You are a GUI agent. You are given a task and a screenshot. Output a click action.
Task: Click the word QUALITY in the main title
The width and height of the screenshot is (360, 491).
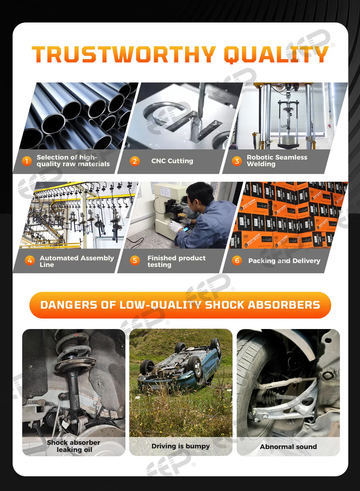(x=276, y=55)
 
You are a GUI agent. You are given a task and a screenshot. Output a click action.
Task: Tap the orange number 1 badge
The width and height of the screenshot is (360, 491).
(x=27, y=161)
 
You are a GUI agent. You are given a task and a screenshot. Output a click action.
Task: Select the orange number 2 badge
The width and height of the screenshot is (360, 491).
(x=134, y=161)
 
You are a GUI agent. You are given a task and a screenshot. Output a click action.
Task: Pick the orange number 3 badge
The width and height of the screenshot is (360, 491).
(x=237, y=161)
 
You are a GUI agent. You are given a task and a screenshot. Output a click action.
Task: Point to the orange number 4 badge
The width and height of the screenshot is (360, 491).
(x=30, y=260)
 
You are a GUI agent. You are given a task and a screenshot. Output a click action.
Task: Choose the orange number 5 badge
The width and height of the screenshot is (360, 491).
(x=134, y=260)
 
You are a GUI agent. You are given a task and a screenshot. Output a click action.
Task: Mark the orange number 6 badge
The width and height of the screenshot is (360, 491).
(x=237, y=260)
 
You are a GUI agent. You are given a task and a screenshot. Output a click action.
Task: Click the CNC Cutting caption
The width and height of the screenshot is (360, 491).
(x=172, y=161)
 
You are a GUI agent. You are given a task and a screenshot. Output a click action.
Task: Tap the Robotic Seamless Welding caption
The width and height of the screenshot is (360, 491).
(x=277, y=161)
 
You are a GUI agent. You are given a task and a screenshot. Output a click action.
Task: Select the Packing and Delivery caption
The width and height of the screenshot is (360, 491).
(x=284, y=261)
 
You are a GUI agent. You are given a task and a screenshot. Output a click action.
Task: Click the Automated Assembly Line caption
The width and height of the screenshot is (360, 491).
(x=77, y=261)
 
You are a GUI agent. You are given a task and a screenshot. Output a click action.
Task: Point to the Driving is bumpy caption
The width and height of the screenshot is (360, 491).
(x=180, y=446)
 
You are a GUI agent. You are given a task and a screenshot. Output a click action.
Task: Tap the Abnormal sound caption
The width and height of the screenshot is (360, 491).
(x=288, y=447)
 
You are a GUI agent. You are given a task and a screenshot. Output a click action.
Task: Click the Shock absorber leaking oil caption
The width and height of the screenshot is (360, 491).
(x=73, y=446)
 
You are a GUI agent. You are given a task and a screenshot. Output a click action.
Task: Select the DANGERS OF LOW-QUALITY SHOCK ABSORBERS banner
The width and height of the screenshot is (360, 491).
(x=180, y=305)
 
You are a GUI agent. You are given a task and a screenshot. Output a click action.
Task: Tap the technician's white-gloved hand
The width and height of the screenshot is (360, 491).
(x=175, y=226)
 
